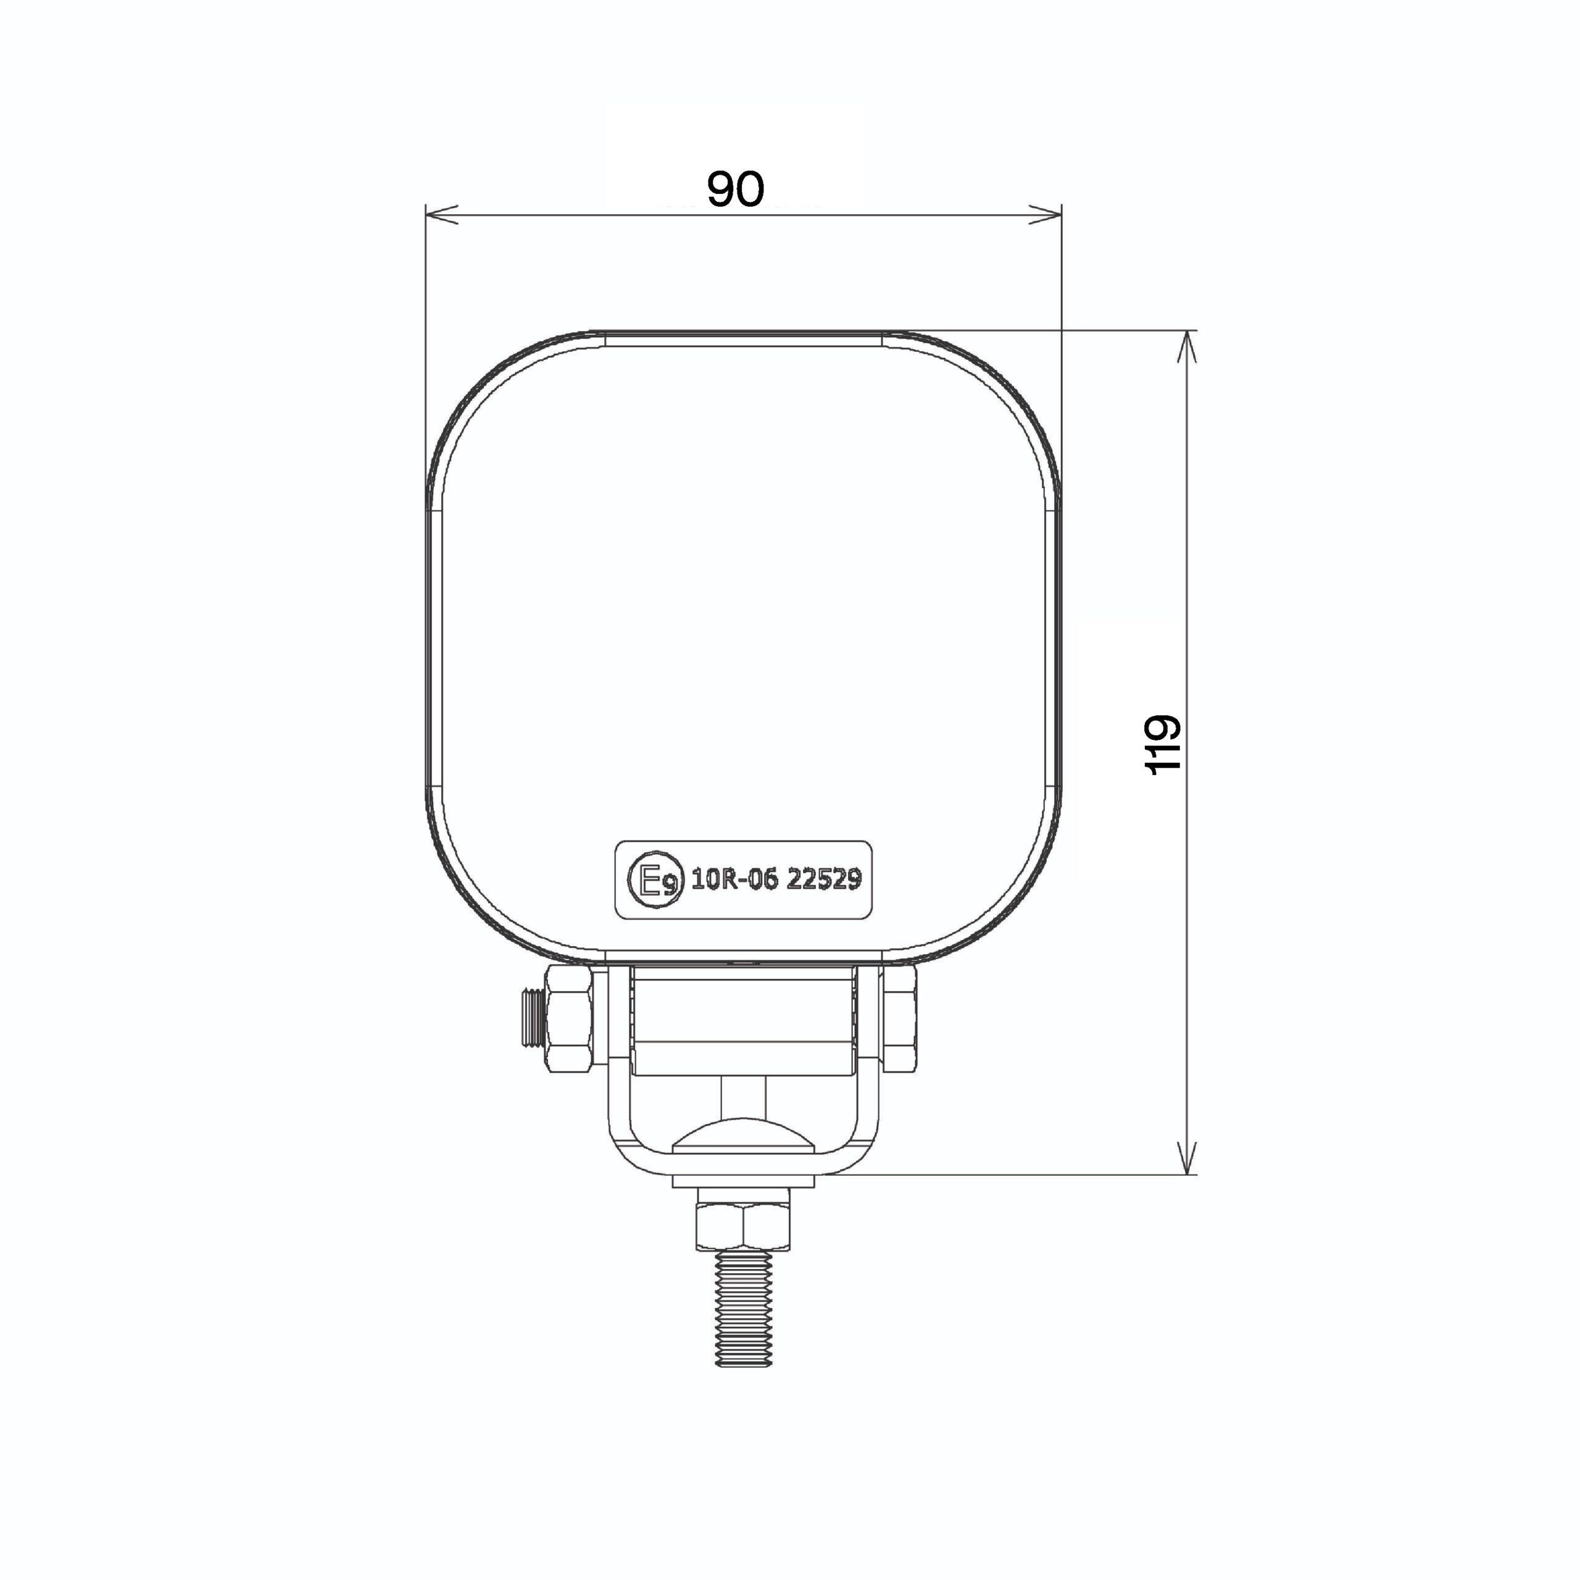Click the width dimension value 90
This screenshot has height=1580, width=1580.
735,189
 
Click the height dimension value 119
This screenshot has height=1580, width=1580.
1162,745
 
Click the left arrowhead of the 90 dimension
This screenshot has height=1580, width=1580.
443,215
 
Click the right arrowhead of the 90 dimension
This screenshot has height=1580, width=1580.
1045,215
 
